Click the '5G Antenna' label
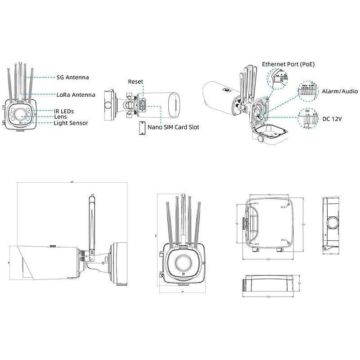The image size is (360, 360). click(x=72, y=77)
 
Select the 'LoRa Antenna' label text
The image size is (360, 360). click(x=76, y=95)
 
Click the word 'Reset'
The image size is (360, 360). click(x=135, y=82)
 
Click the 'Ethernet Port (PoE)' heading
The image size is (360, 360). click(x=288, y=64)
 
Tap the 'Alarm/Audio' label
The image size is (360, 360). click(x=340, y=91)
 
